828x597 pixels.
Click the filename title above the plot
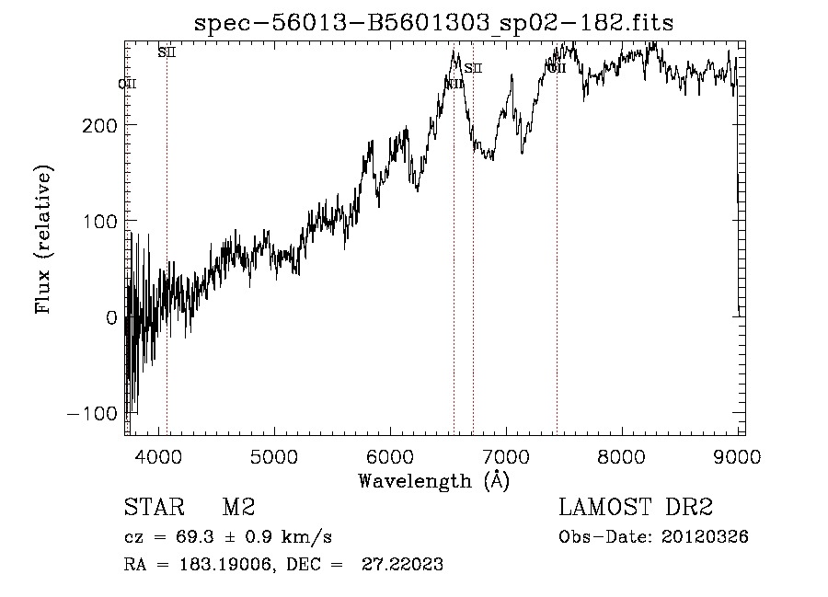pyautogui.click(x=433, y=24)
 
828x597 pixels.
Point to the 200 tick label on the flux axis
pyautogui.click(x=98, y=124)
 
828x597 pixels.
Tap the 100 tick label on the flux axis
pyautogui.click(x=98, y=221)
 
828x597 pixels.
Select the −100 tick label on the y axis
pyautogui.click(x=92, y=413)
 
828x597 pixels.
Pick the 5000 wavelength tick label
pyautogui.click(x=273, y=455)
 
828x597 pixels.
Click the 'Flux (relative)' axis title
pyautogui.click(x=43, y=238)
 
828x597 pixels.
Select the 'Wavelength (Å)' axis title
pyautogui.click(x=433, y=480)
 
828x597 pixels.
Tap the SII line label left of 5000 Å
pyautogui.click(x=166, y=52)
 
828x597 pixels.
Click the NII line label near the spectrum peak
pyautogui.click(x=454, y=84)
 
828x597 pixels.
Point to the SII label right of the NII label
pyautogui.click(x=473, y=68)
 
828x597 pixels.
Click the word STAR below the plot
pyautogui.click(x=150, y=508)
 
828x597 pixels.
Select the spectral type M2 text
pyautogui.click(x=238, y=508)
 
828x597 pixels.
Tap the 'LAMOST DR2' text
pyautogui.click(x=636, y=508)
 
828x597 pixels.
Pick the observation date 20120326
pyautogui.click(x=707, y=537)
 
